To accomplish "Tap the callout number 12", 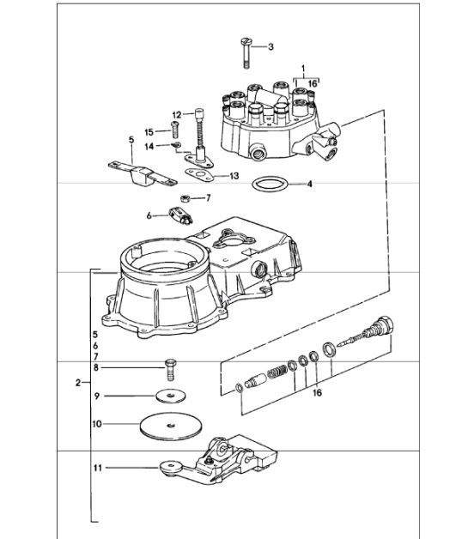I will coord(176,114).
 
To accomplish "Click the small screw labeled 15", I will coord(175,131).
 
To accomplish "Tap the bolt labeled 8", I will coord(170,371).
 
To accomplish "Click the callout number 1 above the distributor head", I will coord(302,66).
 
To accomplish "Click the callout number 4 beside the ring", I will coord(310,184).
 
